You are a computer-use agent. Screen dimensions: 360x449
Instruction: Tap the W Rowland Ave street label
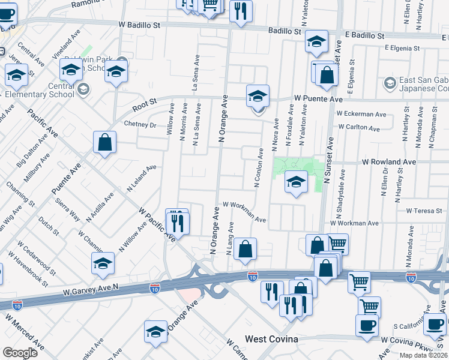pos(388,162)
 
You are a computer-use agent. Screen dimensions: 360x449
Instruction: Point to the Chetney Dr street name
pos(139,125)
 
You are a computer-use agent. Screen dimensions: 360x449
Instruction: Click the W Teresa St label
pos(424,211)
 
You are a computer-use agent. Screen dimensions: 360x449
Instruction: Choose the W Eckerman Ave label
pos(361,113)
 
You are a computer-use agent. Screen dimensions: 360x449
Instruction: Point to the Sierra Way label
pos(68,208)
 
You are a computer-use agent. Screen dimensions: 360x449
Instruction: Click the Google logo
pos(20,353)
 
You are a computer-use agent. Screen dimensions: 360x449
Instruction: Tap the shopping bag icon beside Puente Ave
pos(104,143)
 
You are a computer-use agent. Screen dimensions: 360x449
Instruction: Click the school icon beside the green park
pos(296,182)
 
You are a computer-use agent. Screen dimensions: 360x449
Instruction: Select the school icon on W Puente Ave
pos(258,95)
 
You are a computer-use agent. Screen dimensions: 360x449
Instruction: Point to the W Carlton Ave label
pos(359,128)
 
